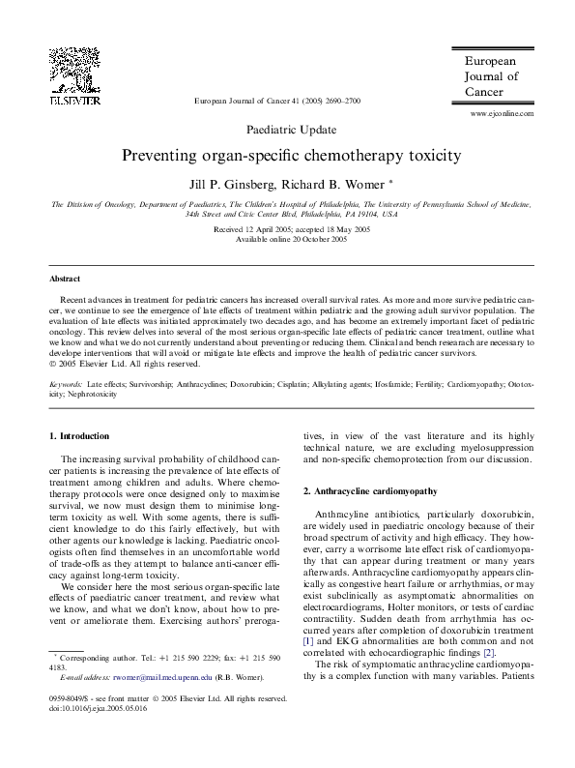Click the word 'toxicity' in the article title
(423, 155)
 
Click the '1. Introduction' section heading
(79, 436)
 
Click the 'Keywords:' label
(67, 384)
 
